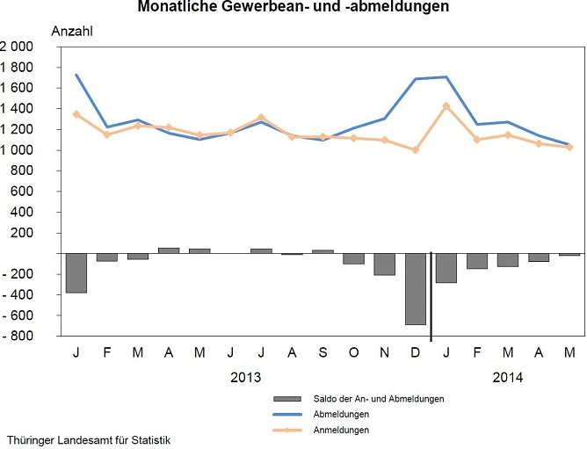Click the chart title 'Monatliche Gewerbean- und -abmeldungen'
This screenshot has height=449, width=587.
(293, 7)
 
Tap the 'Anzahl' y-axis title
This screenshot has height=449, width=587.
(72, 31)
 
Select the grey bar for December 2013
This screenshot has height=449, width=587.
(415, 288)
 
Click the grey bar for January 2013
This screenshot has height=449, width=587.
(76, 272)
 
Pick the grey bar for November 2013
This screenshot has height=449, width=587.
(384, 264)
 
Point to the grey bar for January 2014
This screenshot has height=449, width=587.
(446, 267)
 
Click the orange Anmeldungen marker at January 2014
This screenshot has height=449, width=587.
(446, 106)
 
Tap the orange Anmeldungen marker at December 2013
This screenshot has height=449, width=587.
(415, 150)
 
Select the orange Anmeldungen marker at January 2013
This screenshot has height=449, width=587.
(76, 114)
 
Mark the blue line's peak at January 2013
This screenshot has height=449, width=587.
(76, 75)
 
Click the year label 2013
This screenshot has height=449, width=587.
(245, 378)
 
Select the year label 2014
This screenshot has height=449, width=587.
(507, 378)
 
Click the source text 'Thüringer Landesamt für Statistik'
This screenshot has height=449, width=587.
(88, 439)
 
